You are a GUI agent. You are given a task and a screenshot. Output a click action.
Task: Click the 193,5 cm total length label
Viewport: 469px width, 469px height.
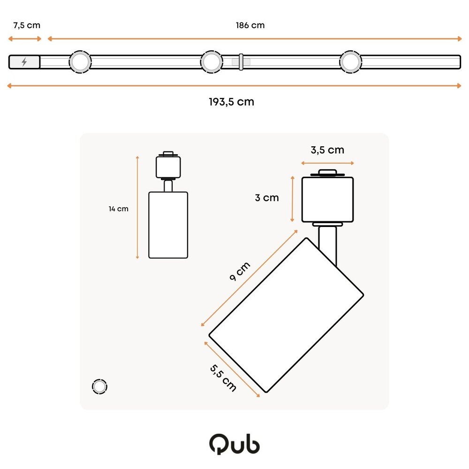(x=231, y=102)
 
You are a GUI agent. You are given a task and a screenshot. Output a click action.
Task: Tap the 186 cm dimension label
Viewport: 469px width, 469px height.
(x=250, y=25)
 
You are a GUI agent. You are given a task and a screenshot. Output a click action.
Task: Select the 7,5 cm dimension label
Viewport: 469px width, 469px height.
(x=27, y=25)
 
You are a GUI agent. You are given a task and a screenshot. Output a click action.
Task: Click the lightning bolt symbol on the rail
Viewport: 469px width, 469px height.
(x=24, y=62)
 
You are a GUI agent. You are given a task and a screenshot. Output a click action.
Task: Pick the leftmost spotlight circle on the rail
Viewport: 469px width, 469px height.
(x=80, y=62)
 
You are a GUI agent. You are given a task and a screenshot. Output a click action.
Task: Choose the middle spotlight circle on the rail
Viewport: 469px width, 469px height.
(x=212, y=62)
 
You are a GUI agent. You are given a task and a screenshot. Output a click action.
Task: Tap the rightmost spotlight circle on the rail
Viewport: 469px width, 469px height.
(x=350, y=62)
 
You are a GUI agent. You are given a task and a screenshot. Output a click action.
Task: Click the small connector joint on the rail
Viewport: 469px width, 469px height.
(x=241, y=62)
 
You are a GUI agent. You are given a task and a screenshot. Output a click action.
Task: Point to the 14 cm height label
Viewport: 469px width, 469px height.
(x=118, y=209)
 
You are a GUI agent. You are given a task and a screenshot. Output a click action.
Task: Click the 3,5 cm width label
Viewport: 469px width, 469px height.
(x=327, y=150)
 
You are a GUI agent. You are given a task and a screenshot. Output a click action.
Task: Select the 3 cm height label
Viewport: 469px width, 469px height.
(x=266, y=198)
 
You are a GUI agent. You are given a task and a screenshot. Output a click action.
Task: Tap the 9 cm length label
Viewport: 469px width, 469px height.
(x=240, y=271)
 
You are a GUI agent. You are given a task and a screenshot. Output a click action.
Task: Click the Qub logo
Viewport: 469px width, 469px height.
(x=234, y=443)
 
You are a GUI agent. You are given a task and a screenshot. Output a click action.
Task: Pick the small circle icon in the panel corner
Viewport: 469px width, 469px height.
(x=99, y=386)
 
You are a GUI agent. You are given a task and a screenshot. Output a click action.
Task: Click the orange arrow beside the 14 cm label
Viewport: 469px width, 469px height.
(x=137, y=207)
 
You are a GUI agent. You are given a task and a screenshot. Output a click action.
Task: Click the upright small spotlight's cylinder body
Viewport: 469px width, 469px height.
(x=168, y=225)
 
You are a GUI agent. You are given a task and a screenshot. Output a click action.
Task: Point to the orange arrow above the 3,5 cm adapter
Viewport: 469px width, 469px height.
(x=327, y=163)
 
